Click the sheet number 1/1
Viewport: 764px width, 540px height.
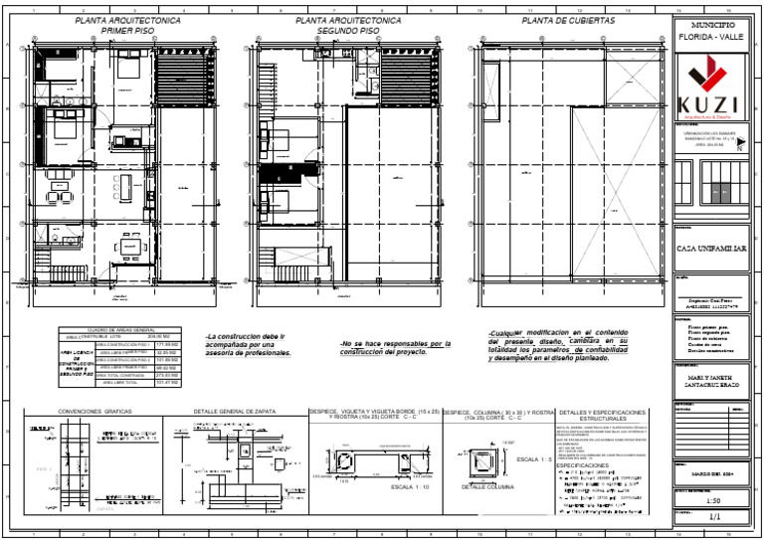pyautogui.click(x=712, y=518)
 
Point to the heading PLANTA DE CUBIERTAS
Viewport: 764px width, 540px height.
pyautogui.click(x=568, y=20)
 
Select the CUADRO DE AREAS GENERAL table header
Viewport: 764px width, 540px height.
pyautogui.click(x=121, y=330)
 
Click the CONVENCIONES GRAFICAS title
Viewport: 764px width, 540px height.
pyautogui.click(x=95, y=411)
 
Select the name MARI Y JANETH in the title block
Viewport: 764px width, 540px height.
pyautogui.click(x=712, y=377)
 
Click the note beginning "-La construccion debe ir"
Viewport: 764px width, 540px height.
pyautogui.click(x=245, y=337)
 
